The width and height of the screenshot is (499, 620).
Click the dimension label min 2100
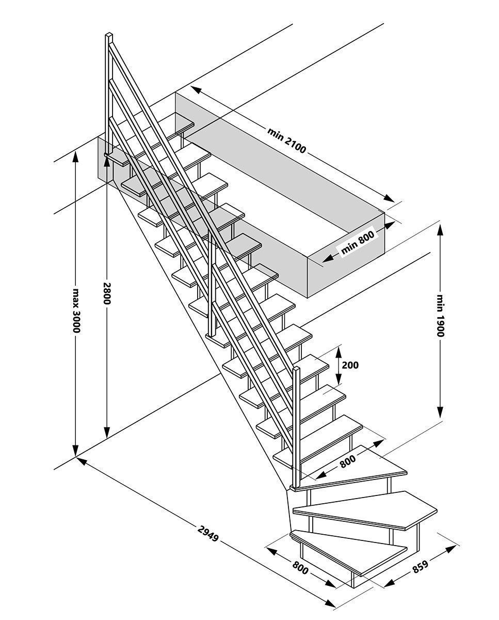click(x=287, y=139)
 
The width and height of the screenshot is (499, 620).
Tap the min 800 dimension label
click(x=356, y=243)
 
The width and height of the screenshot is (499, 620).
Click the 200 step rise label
click(x=350, y=365)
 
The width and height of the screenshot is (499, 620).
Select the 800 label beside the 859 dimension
click(x=301, y=567)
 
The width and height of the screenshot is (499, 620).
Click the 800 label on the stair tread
click(x=348, y=461)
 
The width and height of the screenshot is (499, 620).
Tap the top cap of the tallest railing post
click(x=109, y=36)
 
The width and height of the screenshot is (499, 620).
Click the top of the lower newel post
click(x=296, y=368)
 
